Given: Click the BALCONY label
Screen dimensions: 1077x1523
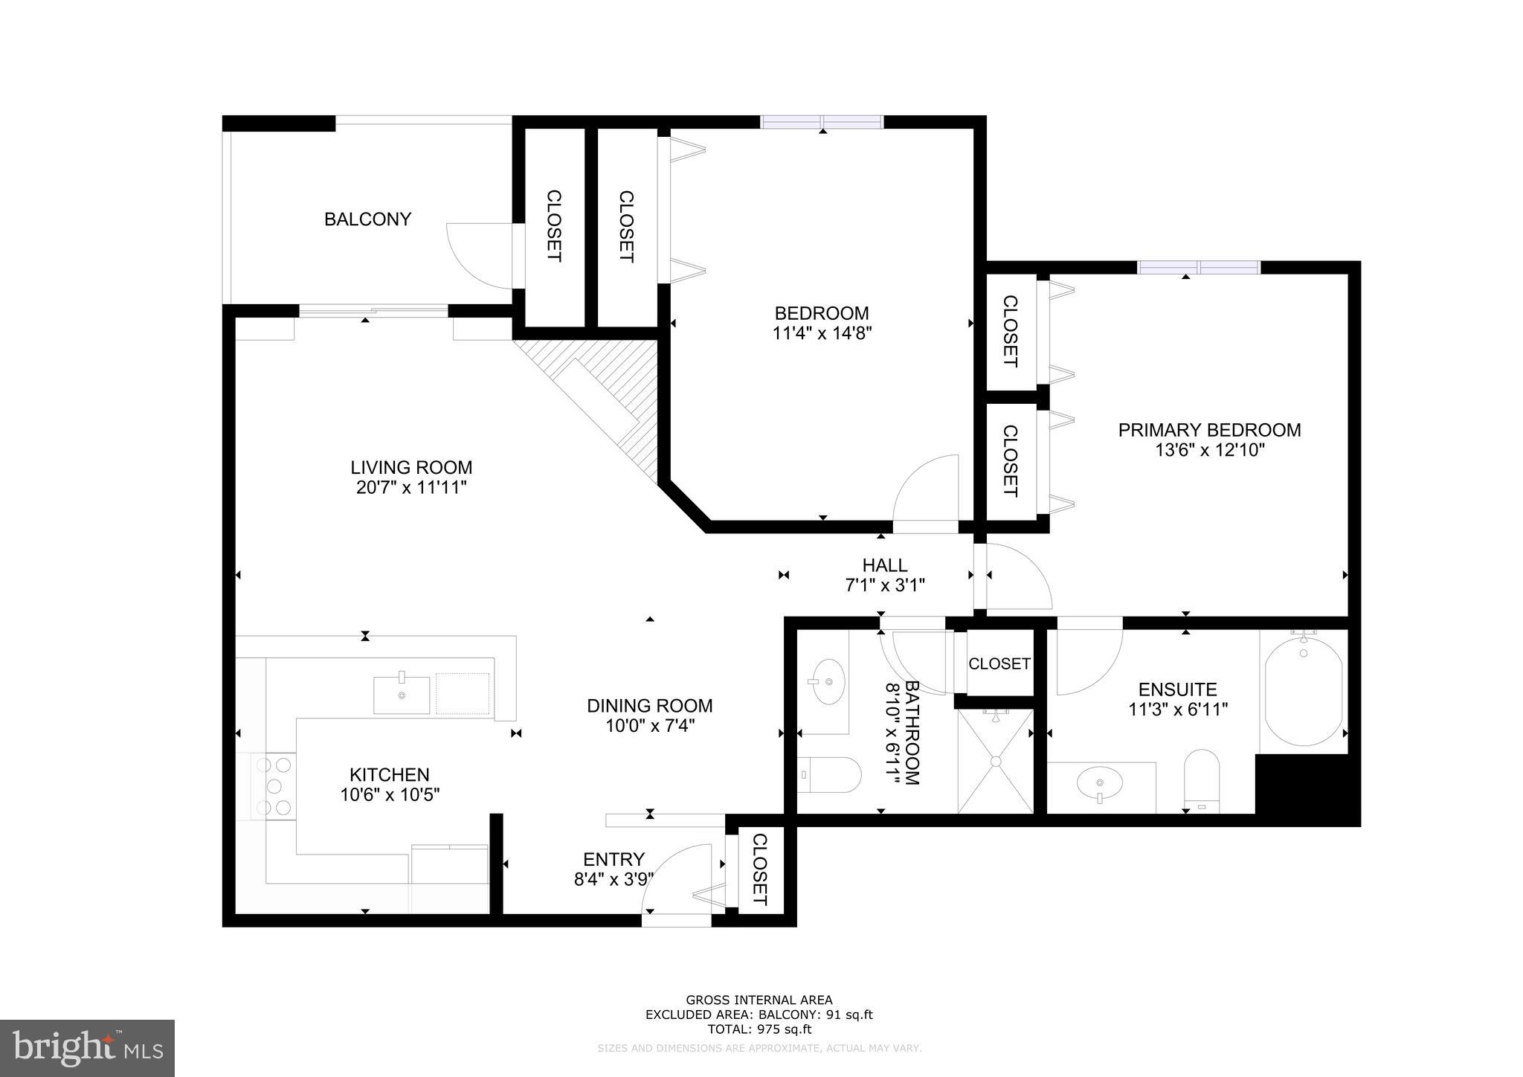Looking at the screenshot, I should click(367, 219).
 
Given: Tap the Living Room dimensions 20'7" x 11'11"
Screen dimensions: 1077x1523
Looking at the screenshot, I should click(411, 488).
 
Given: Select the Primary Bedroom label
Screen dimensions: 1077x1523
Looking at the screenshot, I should click(1209, 430).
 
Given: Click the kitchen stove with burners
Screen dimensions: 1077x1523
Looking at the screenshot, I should click(274, 786).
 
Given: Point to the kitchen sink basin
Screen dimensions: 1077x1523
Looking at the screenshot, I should click(402, 695).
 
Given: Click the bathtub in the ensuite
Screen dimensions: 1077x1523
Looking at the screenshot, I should click(1304, 691).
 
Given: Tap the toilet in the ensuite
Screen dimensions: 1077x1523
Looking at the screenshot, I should click(1202, 781).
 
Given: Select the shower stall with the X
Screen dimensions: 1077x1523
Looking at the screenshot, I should click(995, 761).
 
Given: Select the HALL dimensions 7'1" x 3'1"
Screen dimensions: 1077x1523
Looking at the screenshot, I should click(885, 585).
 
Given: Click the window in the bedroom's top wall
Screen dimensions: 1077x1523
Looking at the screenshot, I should click(822, 122).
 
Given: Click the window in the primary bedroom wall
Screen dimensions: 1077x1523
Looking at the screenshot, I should click(1199, 267).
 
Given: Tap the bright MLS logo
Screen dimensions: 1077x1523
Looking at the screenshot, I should click(87, 1048).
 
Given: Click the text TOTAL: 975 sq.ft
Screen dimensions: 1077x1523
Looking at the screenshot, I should click(759, 1029).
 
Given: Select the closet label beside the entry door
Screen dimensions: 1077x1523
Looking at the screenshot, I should click(760, 869).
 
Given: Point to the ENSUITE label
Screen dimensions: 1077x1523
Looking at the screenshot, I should click(1177, 689).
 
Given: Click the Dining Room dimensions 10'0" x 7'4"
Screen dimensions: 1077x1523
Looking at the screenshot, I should click(649, 726).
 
